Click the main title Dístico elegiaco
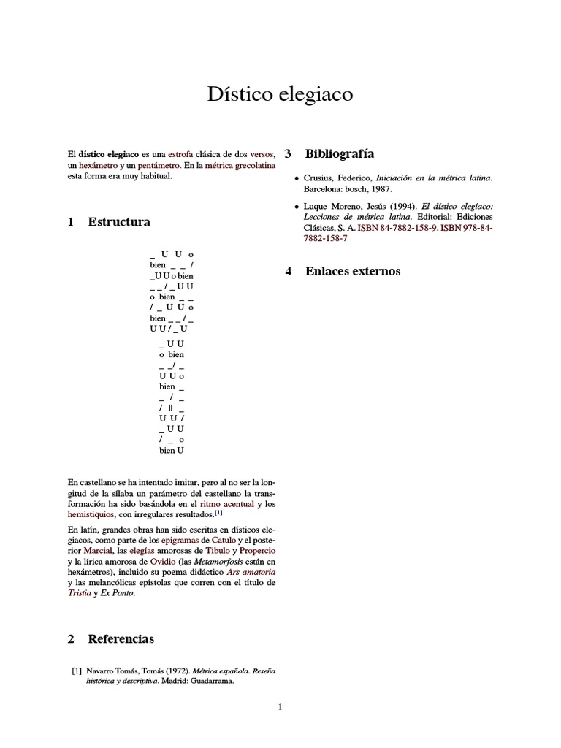pos(280,94)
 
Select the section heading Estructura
pos(118,221)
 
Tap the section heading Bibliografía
pos(339,153)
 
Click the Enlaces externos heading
pos(352,271)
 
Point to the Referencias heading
pos(121,638)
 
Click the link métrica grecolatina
pos(240,166)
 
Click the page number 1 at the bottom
pos(280,706)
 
